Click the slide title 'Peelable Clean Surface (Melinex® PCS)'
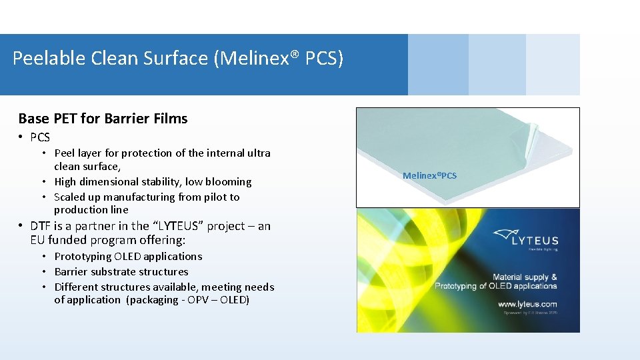pos(178,59)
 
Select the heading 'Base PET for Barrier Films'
pos(103,119)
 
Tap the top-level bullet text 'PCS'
pos(40,137)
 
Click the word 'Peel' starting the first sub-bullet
pos(65,153)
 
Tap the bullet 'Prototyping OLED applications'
pos(128,256)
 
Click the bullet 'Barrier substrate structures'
pos(121,271)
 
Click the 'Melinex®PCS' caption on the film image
pos(429,175)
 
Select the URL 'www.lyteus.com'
pos(527,303)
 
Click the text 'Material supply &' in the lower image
pos(524,277)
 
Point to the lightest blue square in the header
pos(553,65)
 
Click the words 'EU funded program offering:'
pos(107,240)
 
